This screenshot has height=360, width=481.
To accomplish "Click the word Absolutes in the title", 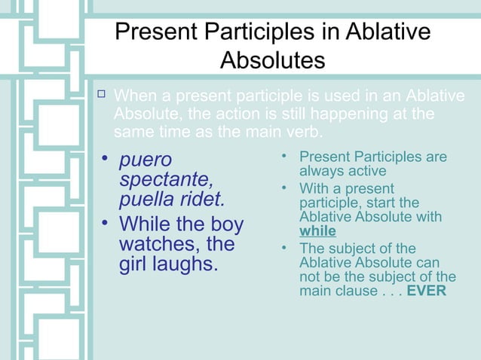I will point(272,59).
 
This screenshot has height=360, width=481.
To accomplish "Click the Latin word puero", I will point(146,160).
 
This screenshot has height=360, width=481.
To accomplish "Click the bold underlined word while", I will point(317,231).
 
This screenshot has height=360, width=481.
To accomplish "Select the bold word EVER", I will point(426,290).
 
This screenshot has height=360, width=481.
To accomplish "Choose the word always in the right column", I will point(320,171).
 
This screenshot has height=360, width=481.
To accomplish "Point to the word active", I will point(365,171).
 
